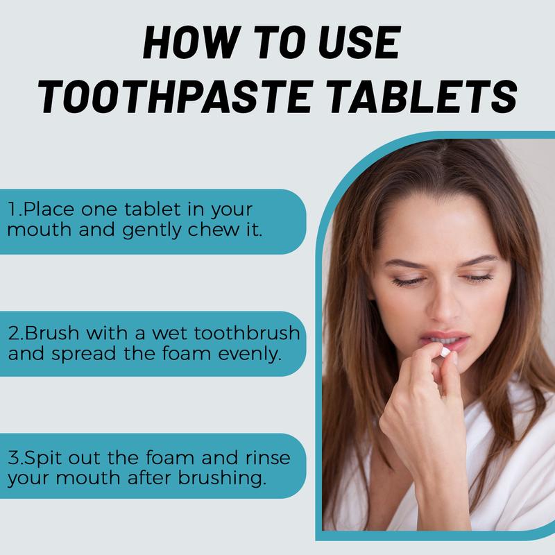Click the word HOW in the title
189,42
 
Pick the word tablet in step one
153,209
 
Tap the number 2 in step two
14,334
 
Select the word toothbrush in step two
247,333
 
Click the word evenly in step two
250,354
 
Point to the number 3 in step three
14,458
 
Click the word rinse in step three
268,458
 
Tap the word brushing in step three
221,478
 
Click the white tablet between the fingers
445,352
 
